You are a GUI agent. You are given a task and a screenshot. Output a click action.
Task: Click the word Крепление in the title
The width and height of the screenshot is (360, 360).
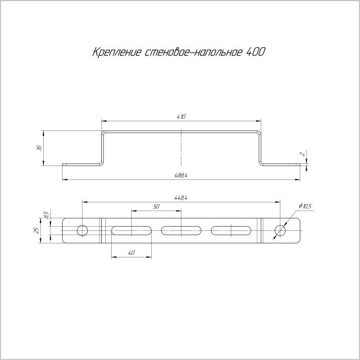(x=117, y=52)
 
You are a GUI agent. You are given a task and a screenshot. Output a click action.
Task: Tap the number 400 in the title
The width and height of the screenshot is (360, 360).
(x=256, y=52)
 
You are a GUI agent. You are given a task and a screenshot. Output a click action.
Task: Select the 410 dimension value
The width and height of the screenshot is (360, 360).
(x=181, y=117)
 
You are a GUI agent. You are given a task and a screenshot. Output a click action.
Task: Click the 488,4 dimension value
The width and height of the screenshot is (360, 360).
(x=181, y=175)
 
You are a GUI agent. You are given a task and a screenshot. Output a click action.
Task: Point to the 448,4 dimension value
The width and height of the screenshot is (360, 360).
(x=181, y=198)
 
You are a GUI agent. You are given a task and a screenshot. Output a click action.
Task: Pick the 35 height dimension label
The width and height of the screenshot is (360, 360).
(x=40, y=148)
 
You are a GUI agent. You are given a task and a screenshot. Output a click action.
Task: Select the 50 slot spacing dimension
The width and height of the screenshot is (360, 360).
(x=156, y=207)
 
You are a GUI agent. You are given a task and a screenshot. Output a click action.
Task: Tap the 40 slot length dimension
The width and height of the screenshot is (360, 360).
(x=131, y=253)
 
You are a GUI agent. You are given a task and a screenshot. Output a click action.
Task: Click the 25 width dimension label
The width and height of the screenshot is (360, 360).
(x=36, y=231)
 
